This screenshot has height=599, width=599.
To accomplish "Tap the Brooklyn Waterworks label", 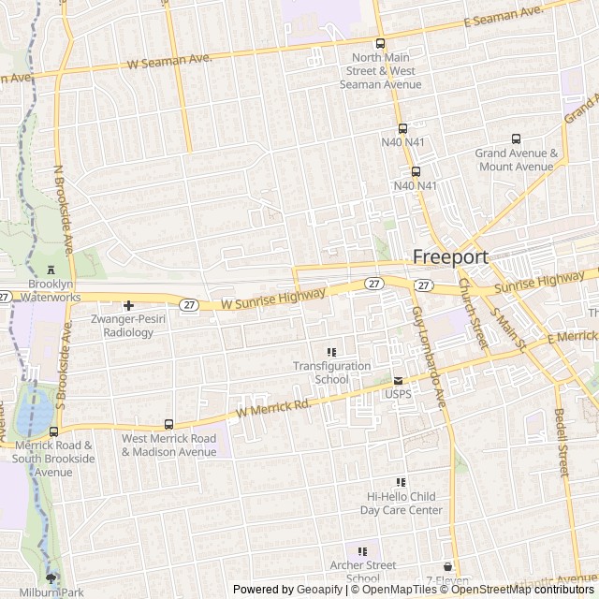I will pos(41,290).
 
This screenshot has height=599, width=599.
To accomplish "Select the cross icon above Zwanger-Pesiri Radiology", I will pos(129,305).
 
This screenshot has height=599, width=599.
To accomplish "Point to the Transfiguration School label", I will pos(331,373).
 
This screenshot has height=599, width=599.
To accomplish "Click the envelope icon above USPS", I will pos(398,381).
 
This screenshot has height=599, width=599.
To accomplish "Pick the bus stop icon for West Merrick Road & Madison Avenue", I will pos(168,424).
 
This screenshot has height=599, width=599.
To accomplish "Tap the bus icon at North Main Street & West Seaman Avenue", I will pos(380,43).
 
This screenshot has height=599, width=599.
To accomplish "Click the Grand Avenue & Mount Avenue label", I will pos(516,160).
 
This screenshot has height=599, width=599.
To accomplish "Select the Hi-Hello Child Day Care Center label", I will pos(402,504).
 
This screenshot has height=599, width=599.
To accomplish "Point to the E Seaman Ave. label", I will pos(504,17).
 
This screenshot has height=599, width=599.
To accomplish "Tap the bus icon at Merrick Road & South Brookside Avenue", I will pos(53,431).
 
